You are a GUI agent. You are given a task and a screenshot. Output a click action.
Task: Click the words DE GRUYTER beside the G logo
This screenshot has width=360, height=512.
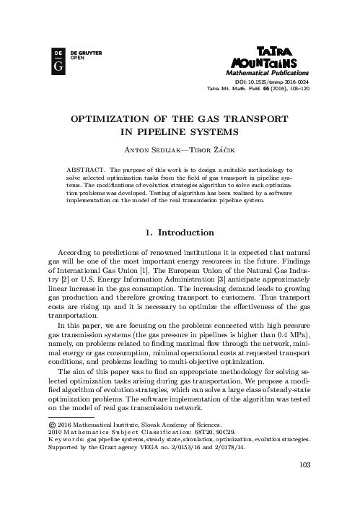point(80,53)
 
